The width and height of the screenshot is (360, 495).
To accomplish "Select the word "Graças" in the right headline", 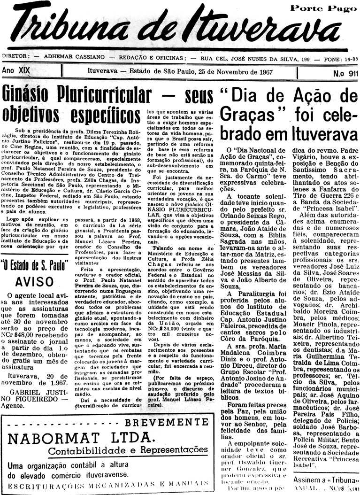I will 244,114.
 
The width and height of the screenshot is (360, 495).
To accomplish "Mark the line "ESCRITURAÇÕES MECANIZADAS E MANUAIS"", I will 107,484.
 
